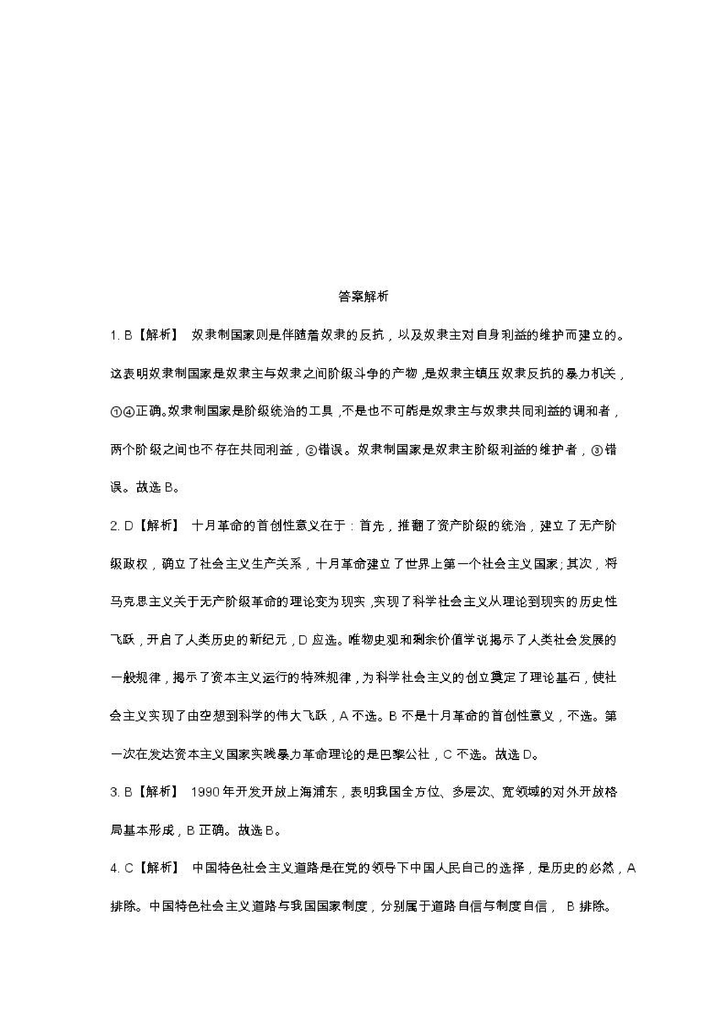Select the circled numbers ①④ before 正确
coord(122,412)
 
